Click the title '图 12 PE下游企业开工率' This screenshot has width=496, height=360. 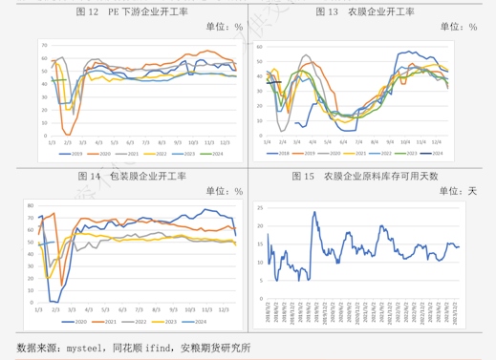coord(130,12)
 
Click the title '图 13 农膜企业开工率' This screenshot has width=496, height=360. coord(366,12)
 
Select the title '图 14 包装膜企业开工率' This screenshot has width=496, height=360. coord(130,177)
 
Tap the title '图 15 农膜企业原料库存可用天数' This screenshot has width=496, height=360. coord(366,177)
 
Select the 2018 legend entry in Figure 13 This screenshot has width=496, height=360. coord(278,153)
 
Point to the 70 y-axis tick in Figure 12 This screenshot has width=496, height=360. coord(43,45)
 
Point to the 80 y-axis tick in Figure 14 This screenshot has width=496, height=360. coord(30,205)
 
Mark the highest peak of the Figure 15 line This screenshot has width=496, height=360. coord(313,212)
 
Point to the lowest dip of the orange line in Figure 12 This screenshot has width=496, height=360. coord(66,134)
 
